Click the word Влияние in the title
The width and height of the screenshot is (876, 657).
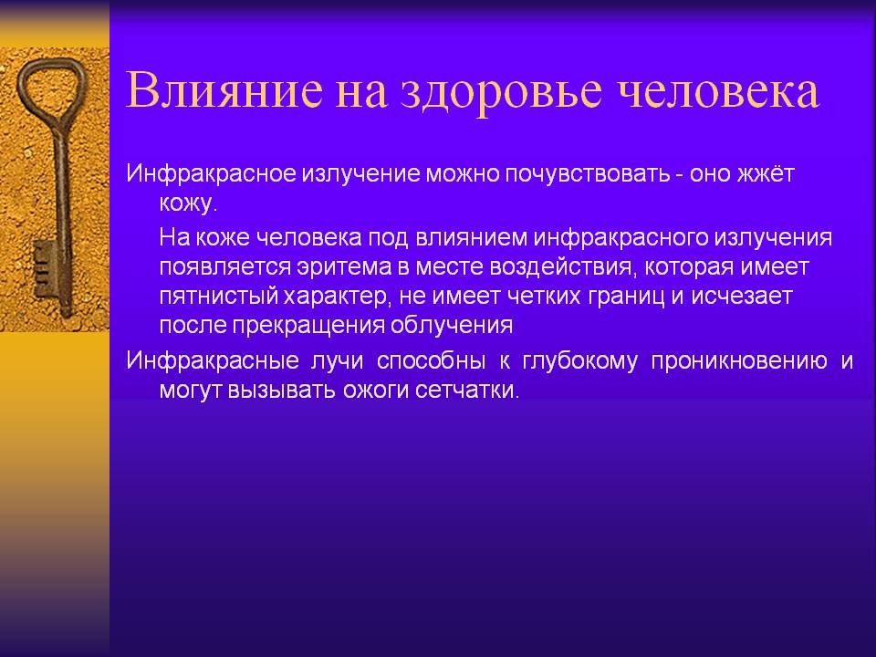coord(224,90)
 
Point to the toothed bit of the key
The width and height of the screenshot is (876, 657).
coord(45,268)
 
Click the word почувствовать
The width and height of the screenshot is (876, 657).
coord(588,174)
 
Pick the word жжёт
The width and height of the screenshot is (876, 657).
coord(766,173)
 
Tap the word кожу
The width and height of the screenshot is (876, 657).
coord(188,203)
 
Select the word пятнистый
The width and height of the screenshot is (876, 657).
coord(219,297)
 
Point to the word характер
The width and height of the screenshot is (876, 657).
coord(335,297)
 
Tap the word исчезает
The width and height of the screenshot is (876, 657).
coord(742,297)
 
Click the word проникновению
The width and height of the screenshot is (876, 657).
coord(739,361)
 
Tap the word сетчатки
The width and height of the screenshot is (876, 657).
coord(467,390)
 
